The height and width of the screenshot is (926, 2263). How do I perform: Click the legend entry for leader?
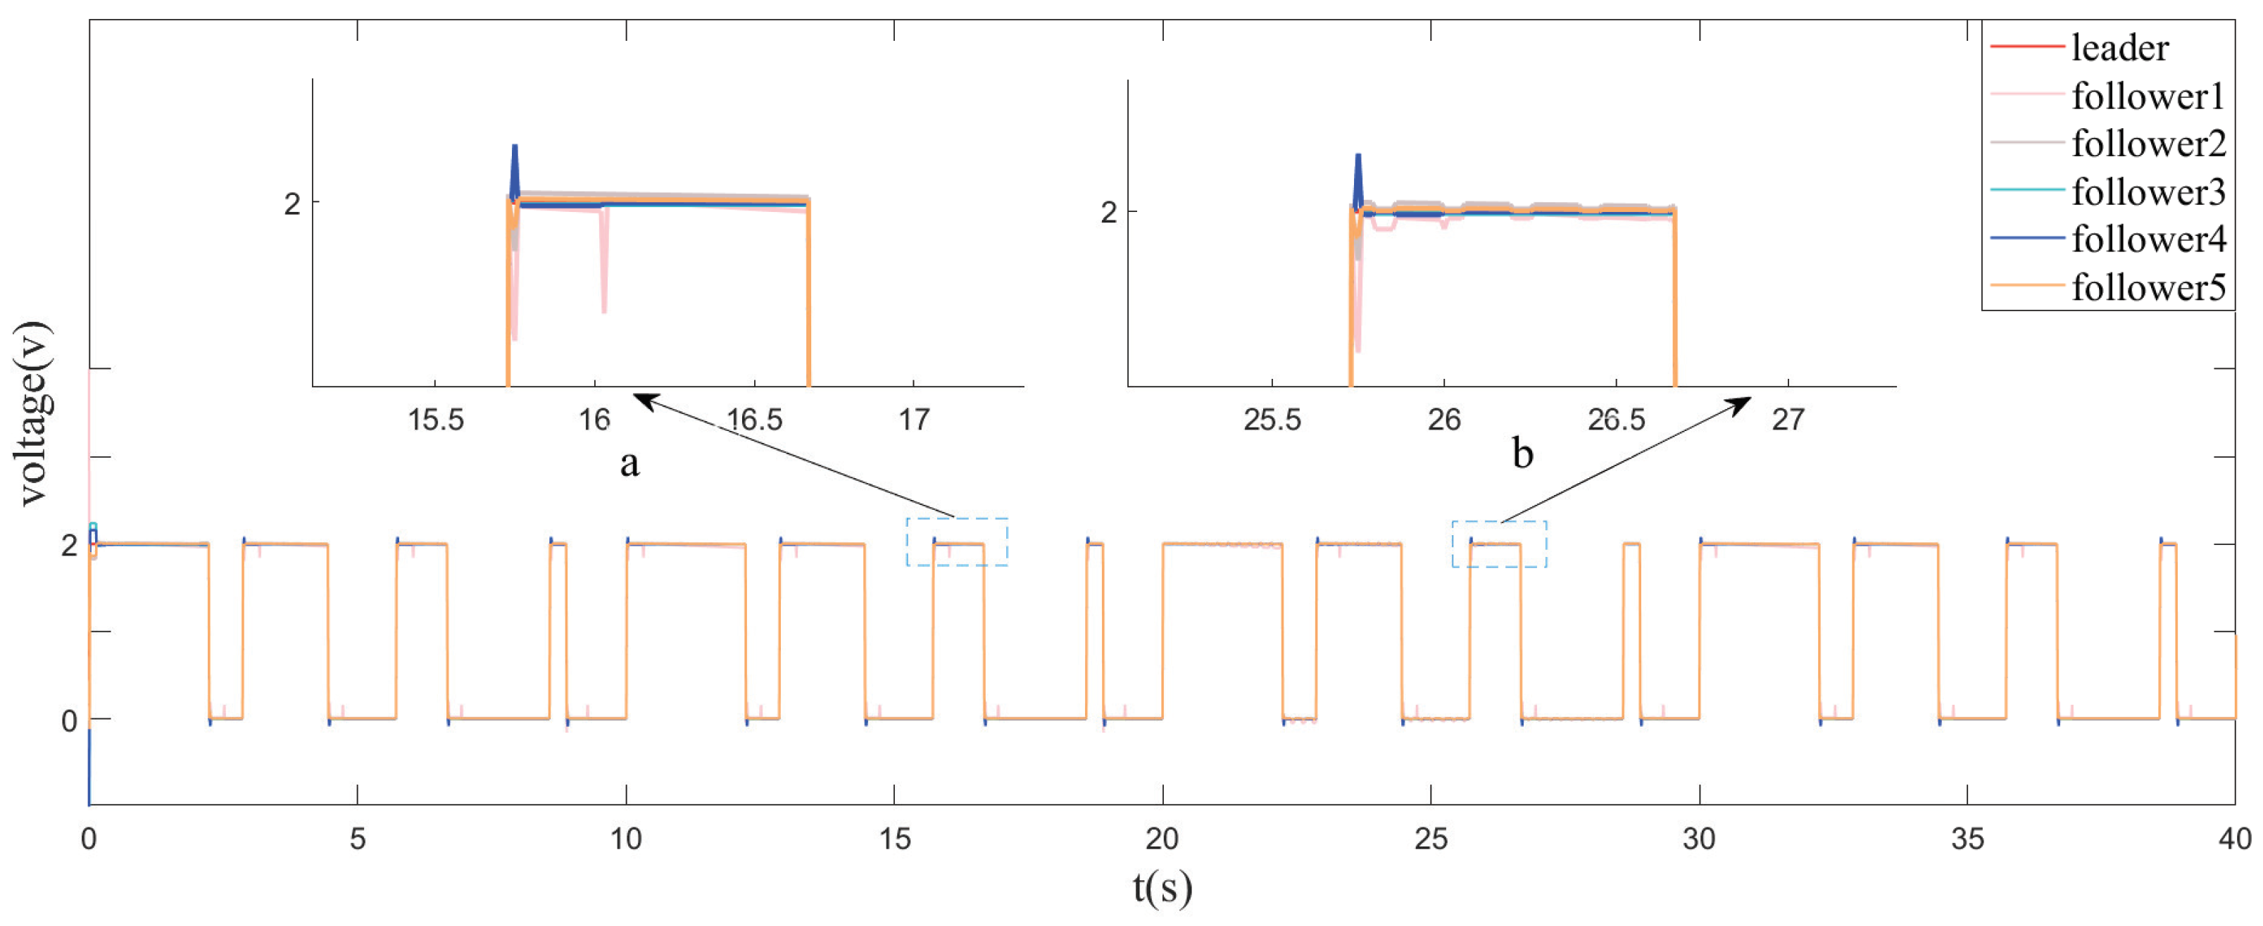2119,47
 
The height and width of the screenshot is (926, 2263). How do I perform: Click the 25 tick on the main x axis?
1430,839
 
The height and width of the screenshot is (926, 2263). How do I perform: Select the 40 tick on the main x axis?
2234,839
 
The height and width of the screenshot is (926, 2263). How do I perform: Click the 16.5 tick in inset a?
755,420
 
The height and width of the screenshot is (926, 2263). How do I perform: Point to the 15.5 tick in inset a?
436,420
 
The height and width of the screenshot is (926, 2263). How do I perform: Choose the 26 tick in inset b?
1443,420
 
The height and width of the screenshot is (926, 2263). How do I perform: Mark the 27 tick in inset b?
1788,420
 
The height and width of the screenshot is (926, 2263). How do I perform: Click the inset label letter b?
1522,454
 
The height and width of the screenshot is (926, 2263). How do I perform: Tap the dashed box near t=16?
957,542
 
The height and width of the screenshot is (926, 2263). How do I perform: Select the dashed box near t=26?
1499,544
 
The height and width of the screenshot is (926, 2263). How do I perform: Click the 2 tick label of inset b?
1109,213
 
